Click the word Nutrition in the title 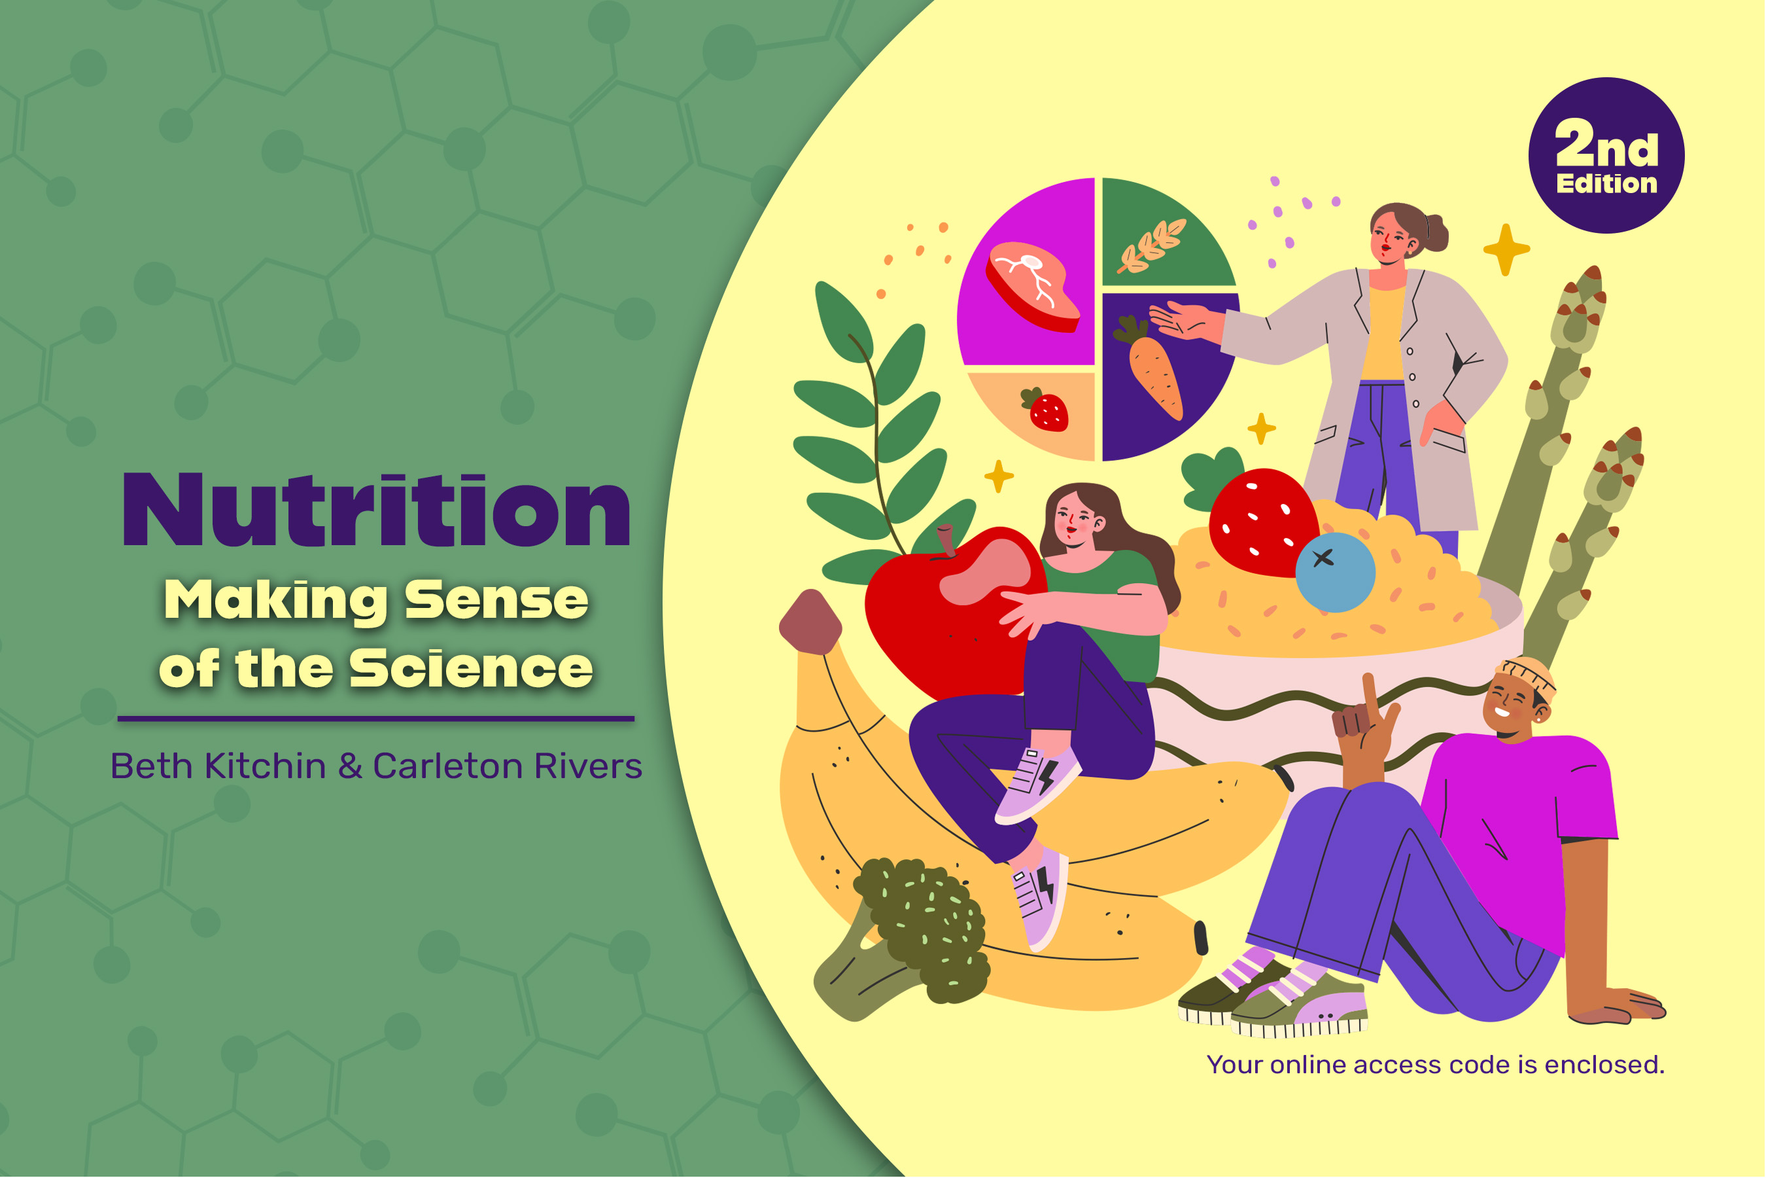[375, 511]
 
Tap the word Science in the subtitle [471, 668]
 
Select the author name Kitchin [265, 766]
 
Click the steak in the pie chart [1032, 285]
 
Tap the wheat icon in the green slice [1151, 245]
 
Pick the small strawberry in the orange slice [1047, 410]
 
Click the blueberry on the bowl [1335, 572]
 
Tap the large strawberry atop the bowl [1262, 522]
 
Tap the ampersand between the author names [350, 766]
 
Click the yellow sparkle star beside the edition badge [1506, 249]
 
